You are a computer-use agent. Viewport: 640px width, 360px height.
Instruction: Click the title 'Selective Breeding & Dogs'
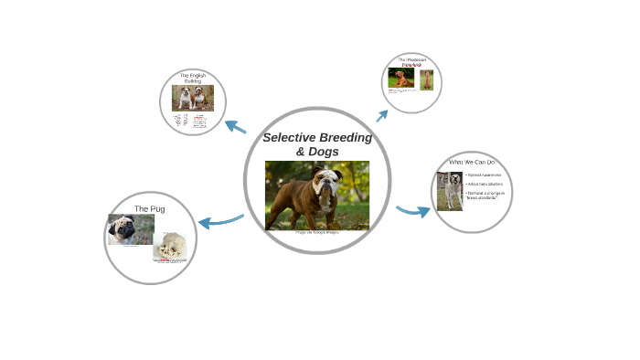pos(317,143)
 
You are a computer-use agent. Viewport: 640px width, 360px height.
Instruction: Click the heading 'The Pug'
pos(149,208)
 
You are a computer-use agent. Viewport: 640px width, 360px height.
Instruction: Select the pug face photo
pos(123,229)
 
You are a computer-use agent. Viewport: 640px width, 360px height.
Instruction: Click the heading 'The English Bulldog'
pos(192,78)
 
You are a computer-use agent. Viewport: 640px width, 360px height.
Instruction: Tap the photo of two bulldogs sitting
pos(192,98)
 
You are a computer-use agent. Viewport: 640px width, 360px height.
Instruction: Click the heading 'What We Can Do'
pos(471,162)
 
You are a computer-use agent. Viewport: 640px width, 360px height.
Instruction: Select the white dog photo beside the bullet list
pos(449,191)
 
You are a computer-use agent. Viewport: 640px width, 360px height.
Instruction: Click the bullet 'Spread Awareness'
pos(484,174)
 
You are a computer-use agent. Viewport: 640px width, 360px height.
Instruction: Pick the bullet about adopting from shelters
pos(484,184)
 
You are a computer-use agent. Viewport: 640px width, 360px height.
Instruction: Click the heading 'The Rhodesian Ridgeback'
pos(412,62)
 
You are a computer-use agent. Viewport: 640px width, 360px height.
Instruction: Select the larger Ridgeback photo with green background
pos(400,78)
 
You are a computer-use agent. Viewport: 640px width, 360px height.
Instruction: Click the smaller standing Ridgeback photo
pos(426,79)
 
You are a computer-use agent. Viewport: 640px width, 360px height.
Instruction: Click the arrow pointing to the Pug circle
pos(219,220)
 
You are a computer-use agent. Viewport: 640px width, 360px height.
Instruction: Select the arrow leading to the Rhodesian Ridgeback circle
pos(381,115)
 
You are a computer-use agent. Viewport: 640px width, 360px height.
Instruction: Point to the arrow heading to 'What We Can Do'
pos(413,212)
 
